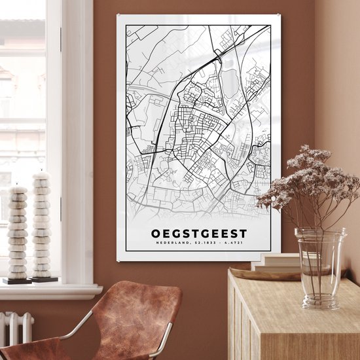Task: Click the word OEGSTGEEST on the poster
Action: (200, 233)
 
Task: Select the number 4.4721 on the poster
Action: (235, 245)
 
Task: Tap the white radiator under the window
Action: (16, 327)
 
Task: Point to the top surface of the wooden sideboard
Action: (295, 288)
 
